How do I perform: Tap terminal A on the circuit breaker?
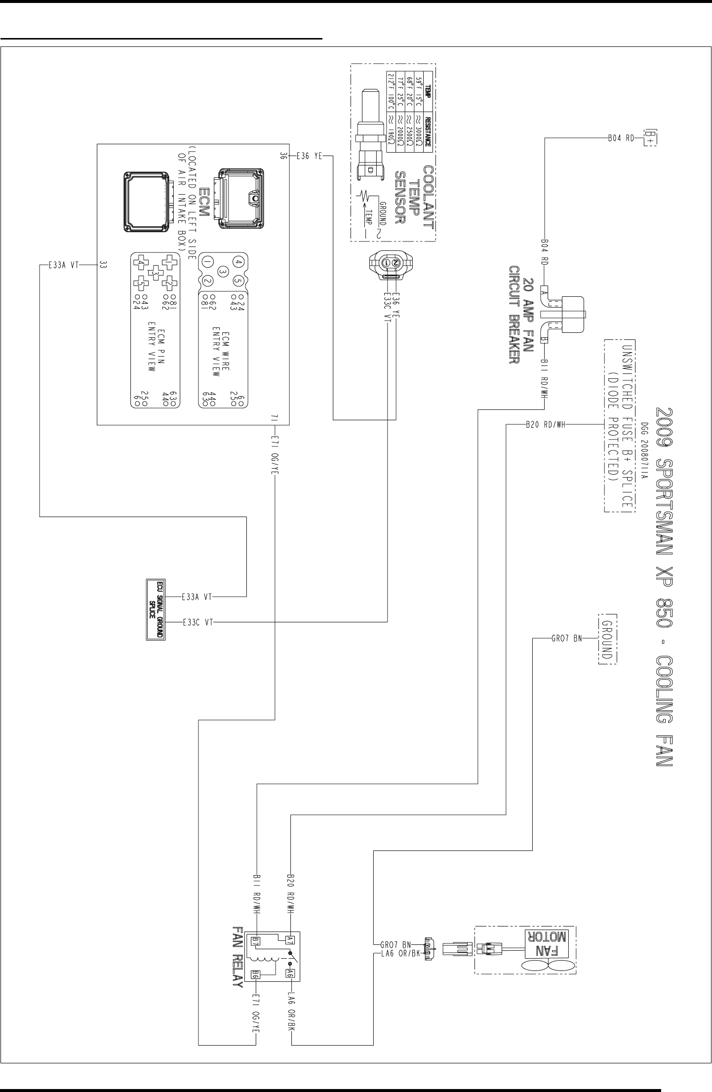coord(544,292)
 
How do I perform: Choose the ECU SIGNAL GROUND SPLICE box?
coord(155,609)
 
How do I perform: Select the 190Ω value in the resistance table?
coord(391,133)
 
